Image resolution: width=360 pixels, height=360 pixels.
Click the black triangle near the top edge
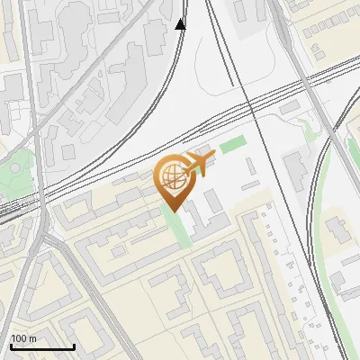pyautogui.click(x=181, y=24)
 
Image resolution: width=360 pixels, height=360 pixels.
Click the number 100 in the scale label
pyautogui.click(x=19, y=338)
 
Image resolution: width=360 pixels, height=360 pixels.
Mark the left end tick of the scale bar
pyautogui.click(x=11, y=346)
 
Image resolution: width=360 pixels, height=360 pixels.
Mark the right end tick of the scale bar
pyautogui.click(x=74, y=346)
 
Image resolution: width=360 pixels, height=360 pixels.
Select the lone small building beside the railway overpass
pyautogui.click(x=288, y=108)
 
